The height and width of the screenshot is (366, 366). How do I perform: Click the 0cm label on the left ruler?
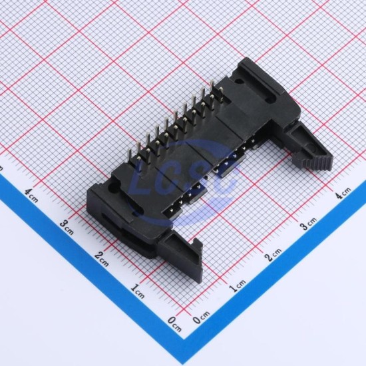pos(174,324)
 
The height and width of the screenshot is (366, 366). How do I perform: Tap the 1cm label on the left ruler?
pos(138,291)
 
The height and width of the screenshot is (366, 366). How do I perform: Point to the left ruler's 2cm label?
pos(102,259)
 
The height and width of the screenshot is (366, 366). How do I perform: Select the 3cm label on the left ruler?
pos(67,227)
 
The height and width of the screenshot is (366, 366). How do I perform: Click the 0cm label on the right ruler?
pos(201,317)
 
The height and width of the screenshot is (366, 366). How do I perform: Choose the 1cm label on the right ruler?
pos(237,285)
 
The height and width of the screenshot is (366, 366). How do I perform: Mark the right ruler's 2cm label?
pos(273,254)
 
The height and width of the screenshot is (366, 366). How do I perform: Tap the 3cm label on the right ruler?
pos(308,224)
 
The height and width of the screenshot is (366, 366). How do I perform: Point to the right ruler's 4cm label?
pos(343,192)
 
